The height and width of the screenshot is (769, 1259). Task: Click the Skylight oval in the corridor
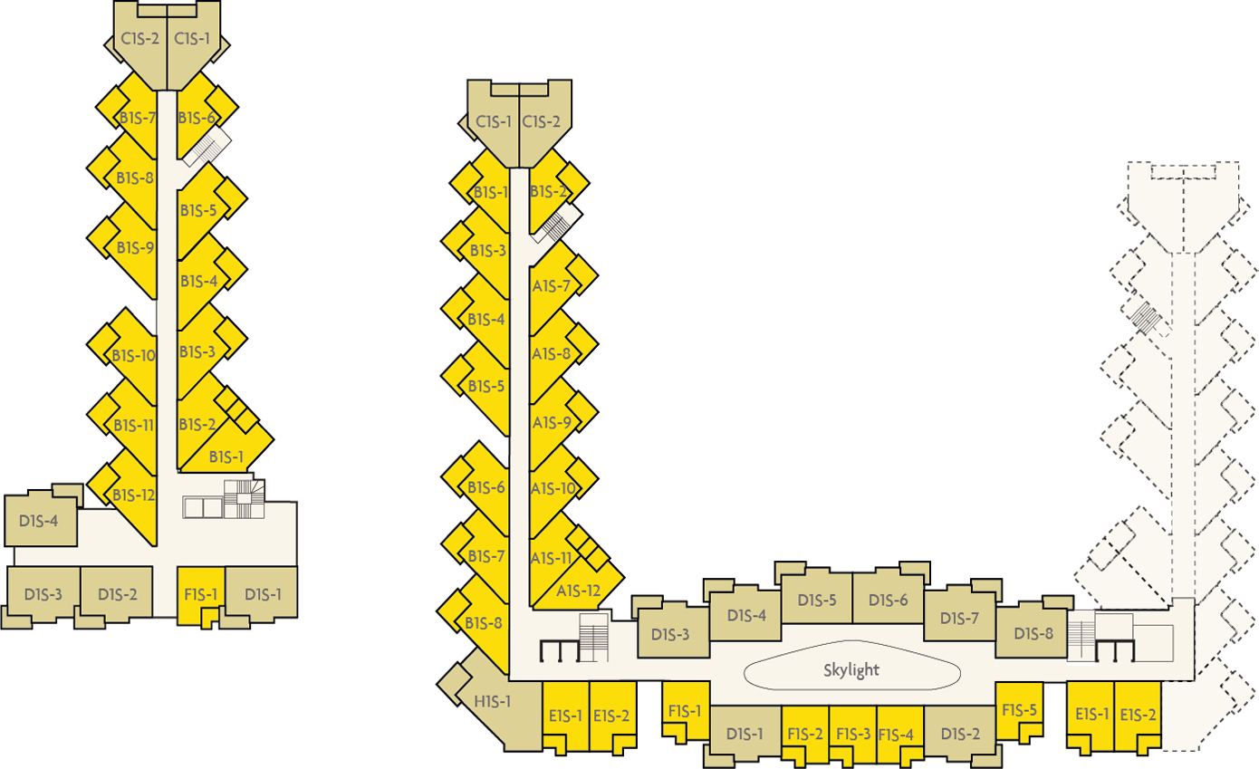point(851,666)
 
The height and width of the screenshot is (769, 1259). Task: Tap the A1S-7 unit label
point(552,287)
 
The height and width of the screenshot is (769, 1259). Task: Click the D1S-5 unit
point(816,596)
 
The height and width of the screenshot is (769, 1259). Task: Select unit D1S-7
point(960,614)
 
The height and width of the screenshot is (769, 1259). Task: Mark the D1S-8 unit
point(1032,629)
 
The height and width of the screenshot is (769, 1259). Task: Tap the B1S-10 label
point(133,356)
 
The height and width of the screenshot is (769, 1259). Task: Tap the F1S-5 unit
point(1019,710)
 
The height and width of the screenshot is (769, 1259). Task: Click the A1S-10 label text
point(553,488)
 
